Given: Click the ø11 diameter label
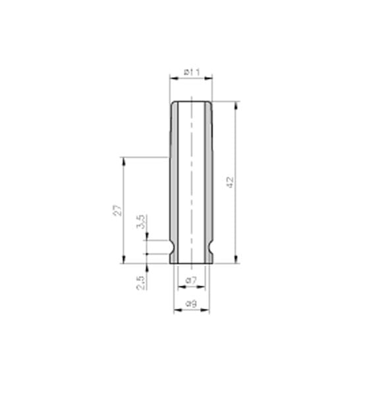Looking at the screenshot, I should [x=191, y=70].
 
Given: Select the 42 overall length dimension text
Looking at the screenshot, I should [x=230, y=182].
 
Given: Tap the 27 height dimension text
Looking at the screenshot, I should [x=117, y=210].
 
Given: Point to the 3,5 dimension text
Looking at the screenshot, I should [x=140, y=222].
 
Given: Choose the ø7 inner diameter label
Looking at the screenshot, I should [x=191, y=280].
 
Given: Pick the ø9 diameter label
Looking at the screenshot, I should [x=191, y=303].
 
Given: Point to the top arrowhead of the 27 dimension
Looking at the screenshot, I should [x=123, y=160].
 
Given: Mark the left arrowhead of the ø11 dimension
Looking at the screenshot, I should [x=173, y=78].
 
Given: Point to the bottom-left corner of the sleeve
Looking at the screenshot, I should [x=171, y=263].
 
